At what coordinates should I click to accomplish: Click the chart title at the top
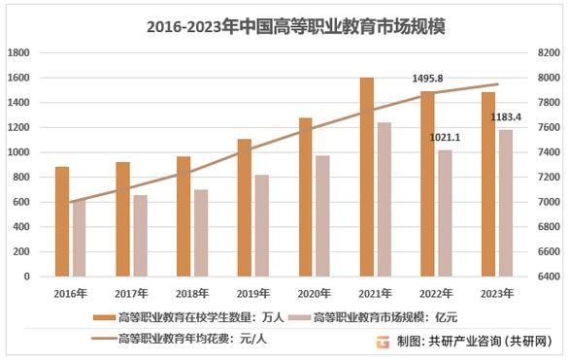284,26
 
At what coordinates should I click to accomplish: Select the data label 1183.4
505,117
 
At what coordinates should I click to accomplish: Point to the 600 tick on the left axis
22,202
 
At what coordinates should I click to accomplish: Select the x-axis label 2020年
313,292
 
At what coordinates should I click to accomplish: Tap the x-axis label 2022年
435,292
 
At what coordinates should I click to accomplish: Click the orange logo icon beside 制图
383,341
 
